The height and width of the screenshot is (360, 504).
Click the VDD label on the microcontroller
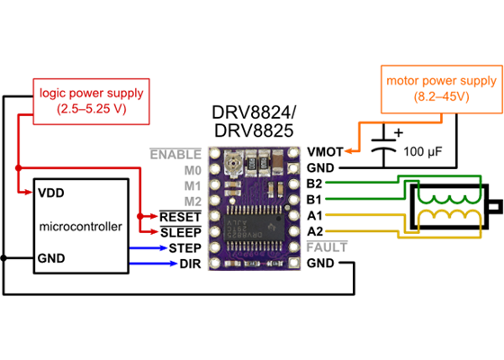point(51,193)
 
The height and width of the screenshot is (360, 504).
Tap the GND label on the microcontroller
point(51,258)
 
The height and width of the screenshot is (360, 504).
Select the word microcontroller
point(80,226)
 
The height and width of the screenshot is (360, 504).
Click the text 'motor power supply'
point(440,80)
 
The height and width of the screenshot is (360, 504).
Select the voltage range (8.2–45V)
point(440,97)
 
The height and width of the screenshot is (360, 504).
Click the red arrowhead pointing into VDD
point(29,192)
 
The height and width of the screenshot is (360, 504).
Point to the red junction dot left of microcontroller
point(17,167)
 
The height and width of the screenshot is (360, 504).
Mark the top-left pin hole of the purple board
point(213,153)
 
